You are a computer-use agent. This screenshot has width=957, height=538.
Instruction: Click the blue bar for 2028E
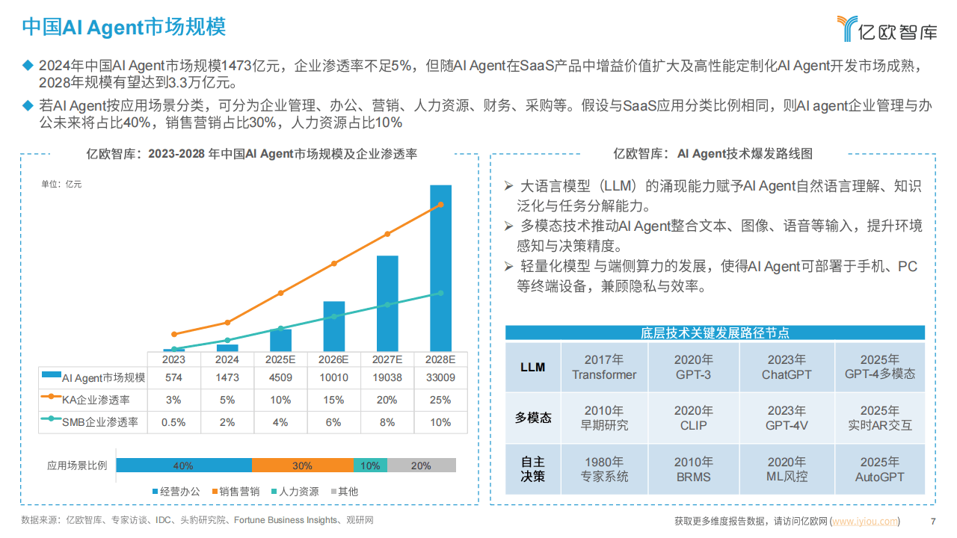point(440,269)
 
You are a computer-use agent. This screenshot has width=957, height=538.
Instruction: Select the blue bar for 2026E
point(333,327)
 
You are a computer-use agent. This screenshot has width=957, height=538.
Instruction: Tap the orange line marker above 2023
point(174,334)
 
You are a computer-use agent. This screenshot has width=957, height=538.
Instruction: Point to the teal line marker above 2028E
point(440,293)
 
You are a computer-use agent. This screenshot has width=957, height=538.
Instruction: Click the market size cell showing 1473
point(227,378)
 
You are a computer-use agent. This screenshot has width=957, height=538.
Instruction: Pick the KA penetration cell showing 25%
point(440,400)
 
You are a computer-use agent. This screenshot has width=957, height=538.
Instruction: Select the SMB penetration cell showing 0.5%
point(174,422)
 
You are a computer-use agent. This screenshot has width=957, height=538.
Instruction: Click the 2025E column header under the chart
point(280,359)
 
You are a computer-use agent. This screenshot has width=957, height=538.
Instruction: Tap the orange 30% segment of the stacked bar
point(302,466)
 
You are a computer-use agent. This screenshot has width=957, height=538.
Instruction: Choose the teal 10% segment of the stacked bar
point(370,466)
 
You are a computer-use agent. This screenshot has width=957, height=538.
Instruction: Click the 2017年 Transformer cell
point(604,367)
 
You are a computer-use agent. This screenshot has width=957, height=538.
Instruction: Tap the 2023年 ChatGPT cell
point(786,367)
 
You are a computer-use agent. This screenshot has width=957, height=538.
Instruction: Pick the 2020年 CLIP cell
point(693,418)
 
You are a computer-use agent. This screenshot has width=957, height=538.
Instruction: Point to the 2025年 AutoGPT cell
point(879,469)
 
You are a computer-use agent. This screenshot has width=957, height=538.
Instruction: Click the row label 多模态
point(533,418)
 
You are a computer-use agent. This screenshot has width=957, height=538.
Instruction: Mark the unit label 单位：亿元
point(61,184)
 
